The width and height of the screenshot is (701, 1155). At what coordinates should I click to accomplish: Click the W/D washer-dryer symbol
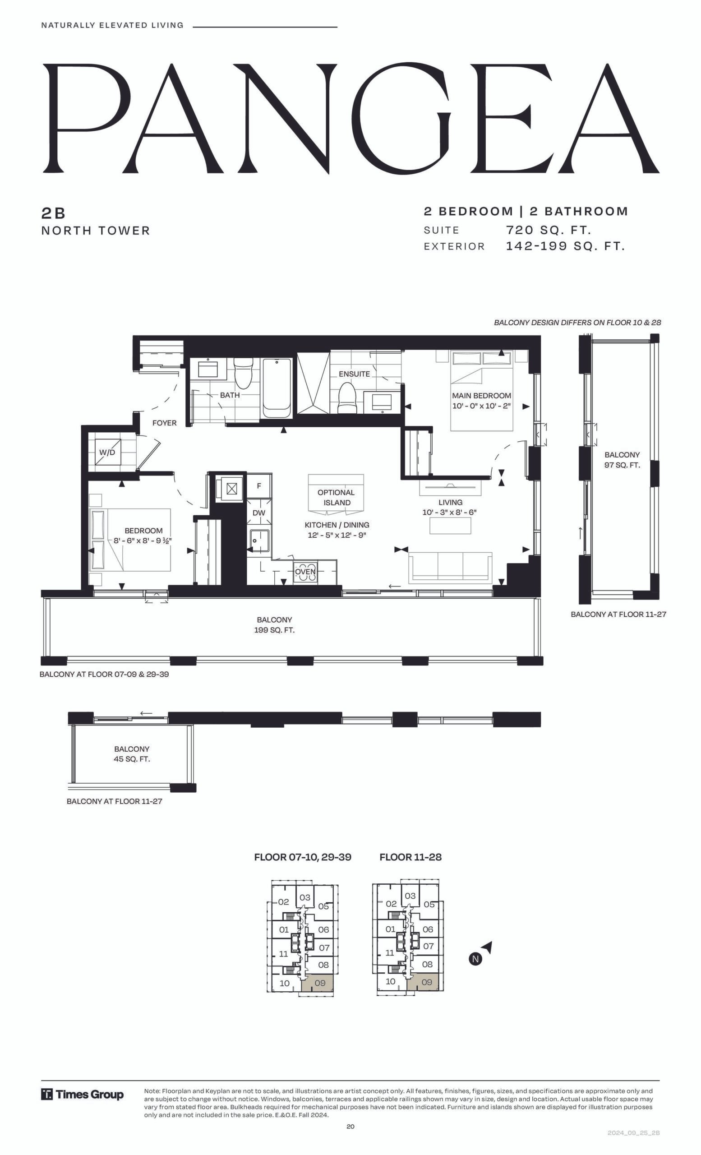click(107, 453)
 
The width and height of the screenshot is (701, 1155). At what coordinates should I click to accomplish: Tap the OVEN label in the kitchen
click(305, 571)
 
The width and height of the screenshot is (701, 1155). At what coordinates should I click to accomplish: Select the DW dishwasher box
click(258, 513)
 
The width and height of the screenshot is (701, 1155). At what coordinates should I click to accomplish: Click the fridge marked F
click(259, 486)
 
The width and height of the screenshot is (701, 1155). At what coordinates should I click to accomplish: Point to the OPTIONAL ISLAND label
click(337, 497)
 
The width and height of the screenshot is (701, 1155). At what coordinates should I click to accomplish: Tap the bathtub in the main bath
click(277, 388)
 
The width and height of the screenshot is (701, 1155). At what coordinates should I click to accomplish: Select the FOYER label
click(165, 423)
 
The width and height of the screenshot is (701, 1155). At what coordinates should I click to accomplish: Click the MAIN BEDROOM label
click(481, 396)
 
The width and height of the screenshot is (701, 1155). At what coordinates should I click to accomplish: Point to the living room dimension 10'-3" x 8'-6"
click(449, 513)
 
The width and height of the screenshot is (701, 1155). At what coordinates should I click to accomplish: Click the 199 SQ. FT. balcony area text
click(275, 630)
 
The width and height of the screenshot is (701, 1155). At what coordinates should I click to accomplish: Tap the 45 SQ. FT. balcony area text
click(132, 759)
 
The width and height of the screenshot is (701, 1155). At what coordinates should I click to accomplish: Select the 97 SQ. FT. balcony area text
click(622, 465)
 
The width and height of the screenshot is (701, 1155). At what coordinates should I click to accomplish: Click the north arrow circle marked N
click(475, 959)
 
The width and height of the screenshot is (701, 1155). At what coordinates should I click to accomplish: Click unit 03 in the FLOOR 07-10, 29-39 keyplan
click(305, 897)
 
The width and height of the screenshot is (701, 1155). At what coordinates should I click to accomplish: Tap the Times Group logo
click(83, 1095)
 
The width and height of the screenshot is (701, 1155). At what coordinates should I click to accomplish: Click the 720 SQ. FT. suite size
click(548, 230)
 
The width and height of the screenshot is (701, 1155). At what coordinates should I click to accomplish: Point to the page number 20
click(350, 1127)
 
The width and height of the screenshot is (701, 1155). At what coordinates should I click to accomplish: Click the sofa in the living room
click(450, 568)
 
